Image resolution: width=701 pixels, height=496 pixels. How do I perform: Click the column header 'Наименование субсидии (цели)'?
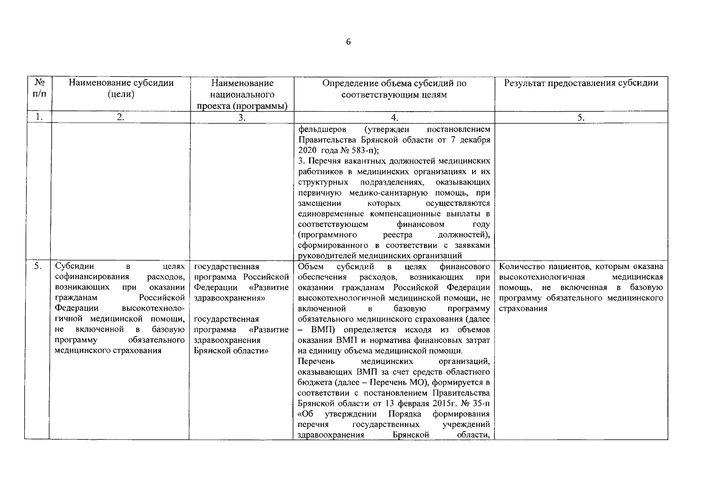[121, 88]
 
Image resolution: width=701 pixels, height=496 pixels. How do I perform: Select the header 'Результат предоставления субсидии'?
[581, 83]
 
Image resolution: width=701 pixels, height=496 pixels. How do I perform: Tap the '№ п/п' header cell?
[39, 88]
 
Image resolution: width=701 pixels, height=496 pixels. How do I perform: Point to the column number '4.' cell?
[394, 117]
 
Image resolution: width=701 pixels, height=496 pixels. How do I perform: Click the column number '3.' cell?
[242, 117]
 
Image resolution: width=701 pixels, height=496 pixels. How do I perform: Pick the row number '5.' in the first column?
[38, 267]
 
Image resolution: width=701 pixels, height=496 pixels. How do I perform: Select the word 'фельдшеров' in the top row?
[322, 129]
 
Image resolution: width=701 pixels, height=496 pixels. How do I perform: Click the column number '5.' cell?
[581, 117]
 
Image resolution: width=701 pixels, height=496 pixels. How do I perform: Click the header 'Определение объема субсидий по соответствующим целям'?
[394, 88]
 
